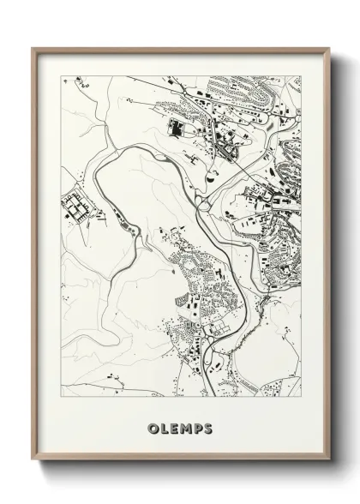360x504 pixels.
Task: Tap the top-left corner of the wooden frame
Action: click(33, 48)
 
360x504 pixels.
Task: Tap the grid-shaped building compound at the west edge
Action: click(75, 206)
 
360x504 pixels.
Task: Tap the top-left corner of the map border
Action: click(62, 76)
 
